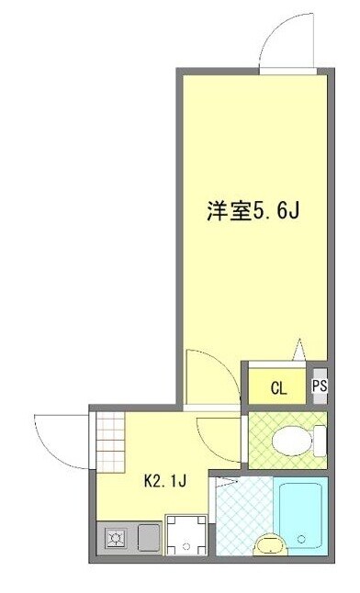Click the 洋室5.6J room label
coord(253,211)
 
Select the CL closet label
coord(278,387)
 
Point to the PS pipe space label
coord(319,386)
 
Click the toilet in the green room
coord(305,439)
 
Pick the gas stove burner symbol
coord(117,538)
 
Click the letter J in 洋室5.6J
coord(296,211)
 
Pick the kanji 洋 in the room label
coord(216,211)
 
